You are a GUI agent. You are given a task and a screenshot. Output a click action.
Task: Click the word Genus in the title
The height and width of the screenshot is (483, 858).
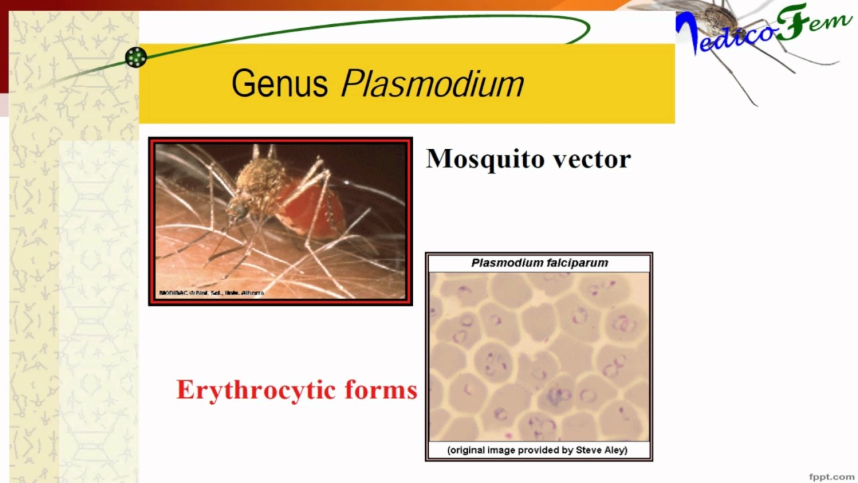click(x=280, y=84)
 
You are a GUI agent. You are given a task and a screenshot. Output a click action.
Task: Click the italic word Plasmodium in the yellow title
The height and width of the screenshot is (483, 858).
click(x=432, y=84)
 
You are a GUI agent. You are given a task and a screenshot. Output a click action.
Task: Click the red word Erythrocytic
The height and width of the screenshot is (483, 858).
click(x=255, y=390)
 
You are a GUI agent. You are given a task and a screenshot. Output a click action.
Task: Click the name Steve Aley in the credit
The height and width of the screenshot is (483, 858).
click(x=601, y=450)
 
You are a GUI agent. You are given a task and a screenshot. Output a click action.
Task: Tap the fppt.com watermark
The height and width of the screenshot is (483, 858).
click(x=831, y=476)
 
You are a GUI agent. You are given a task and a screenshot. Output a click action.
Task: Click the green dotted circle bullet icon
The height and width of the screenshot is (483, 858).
click(x=136, y=57)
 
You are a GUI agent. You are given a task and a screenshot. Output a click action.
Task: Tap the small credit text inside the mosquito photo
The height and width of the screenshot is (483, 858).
click(x=211, y=293)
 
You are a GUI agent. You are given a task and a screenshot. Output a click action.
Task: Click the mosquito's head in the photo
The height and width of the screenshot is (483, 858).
click(x=237, y=211)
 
